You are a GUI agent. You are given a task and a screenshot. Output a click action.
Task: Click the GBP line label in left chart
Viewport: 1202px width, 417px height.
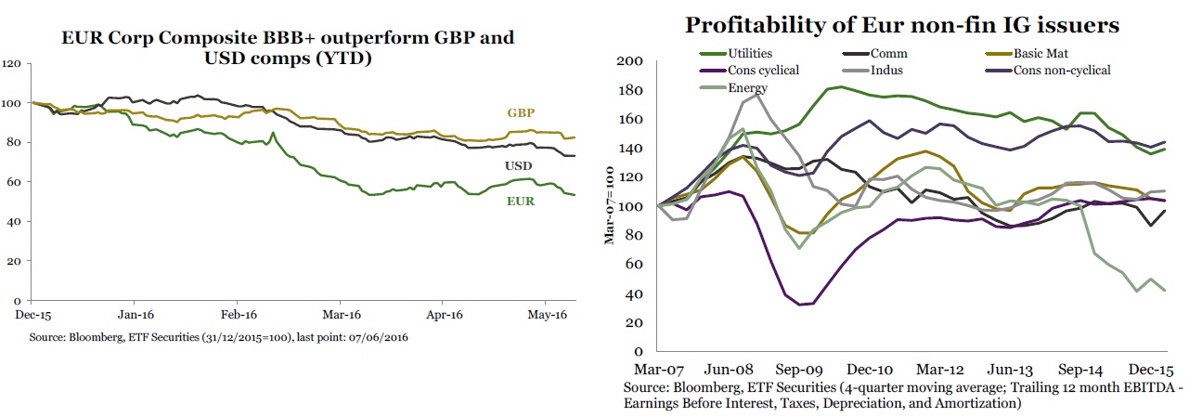[x=520, y=113]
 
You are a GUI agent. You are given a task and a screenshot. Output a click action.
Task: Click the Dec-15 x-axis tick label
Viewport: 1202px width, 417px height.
[x=32, y=315]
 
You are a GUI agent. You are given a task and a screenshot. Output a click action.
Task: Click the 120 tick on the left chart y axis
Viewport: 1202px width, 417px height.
[x=12, y=64]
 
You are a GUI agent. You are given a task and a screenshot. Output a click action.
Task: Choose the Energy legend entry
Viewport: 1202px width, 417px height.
[x=746, y=87]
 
